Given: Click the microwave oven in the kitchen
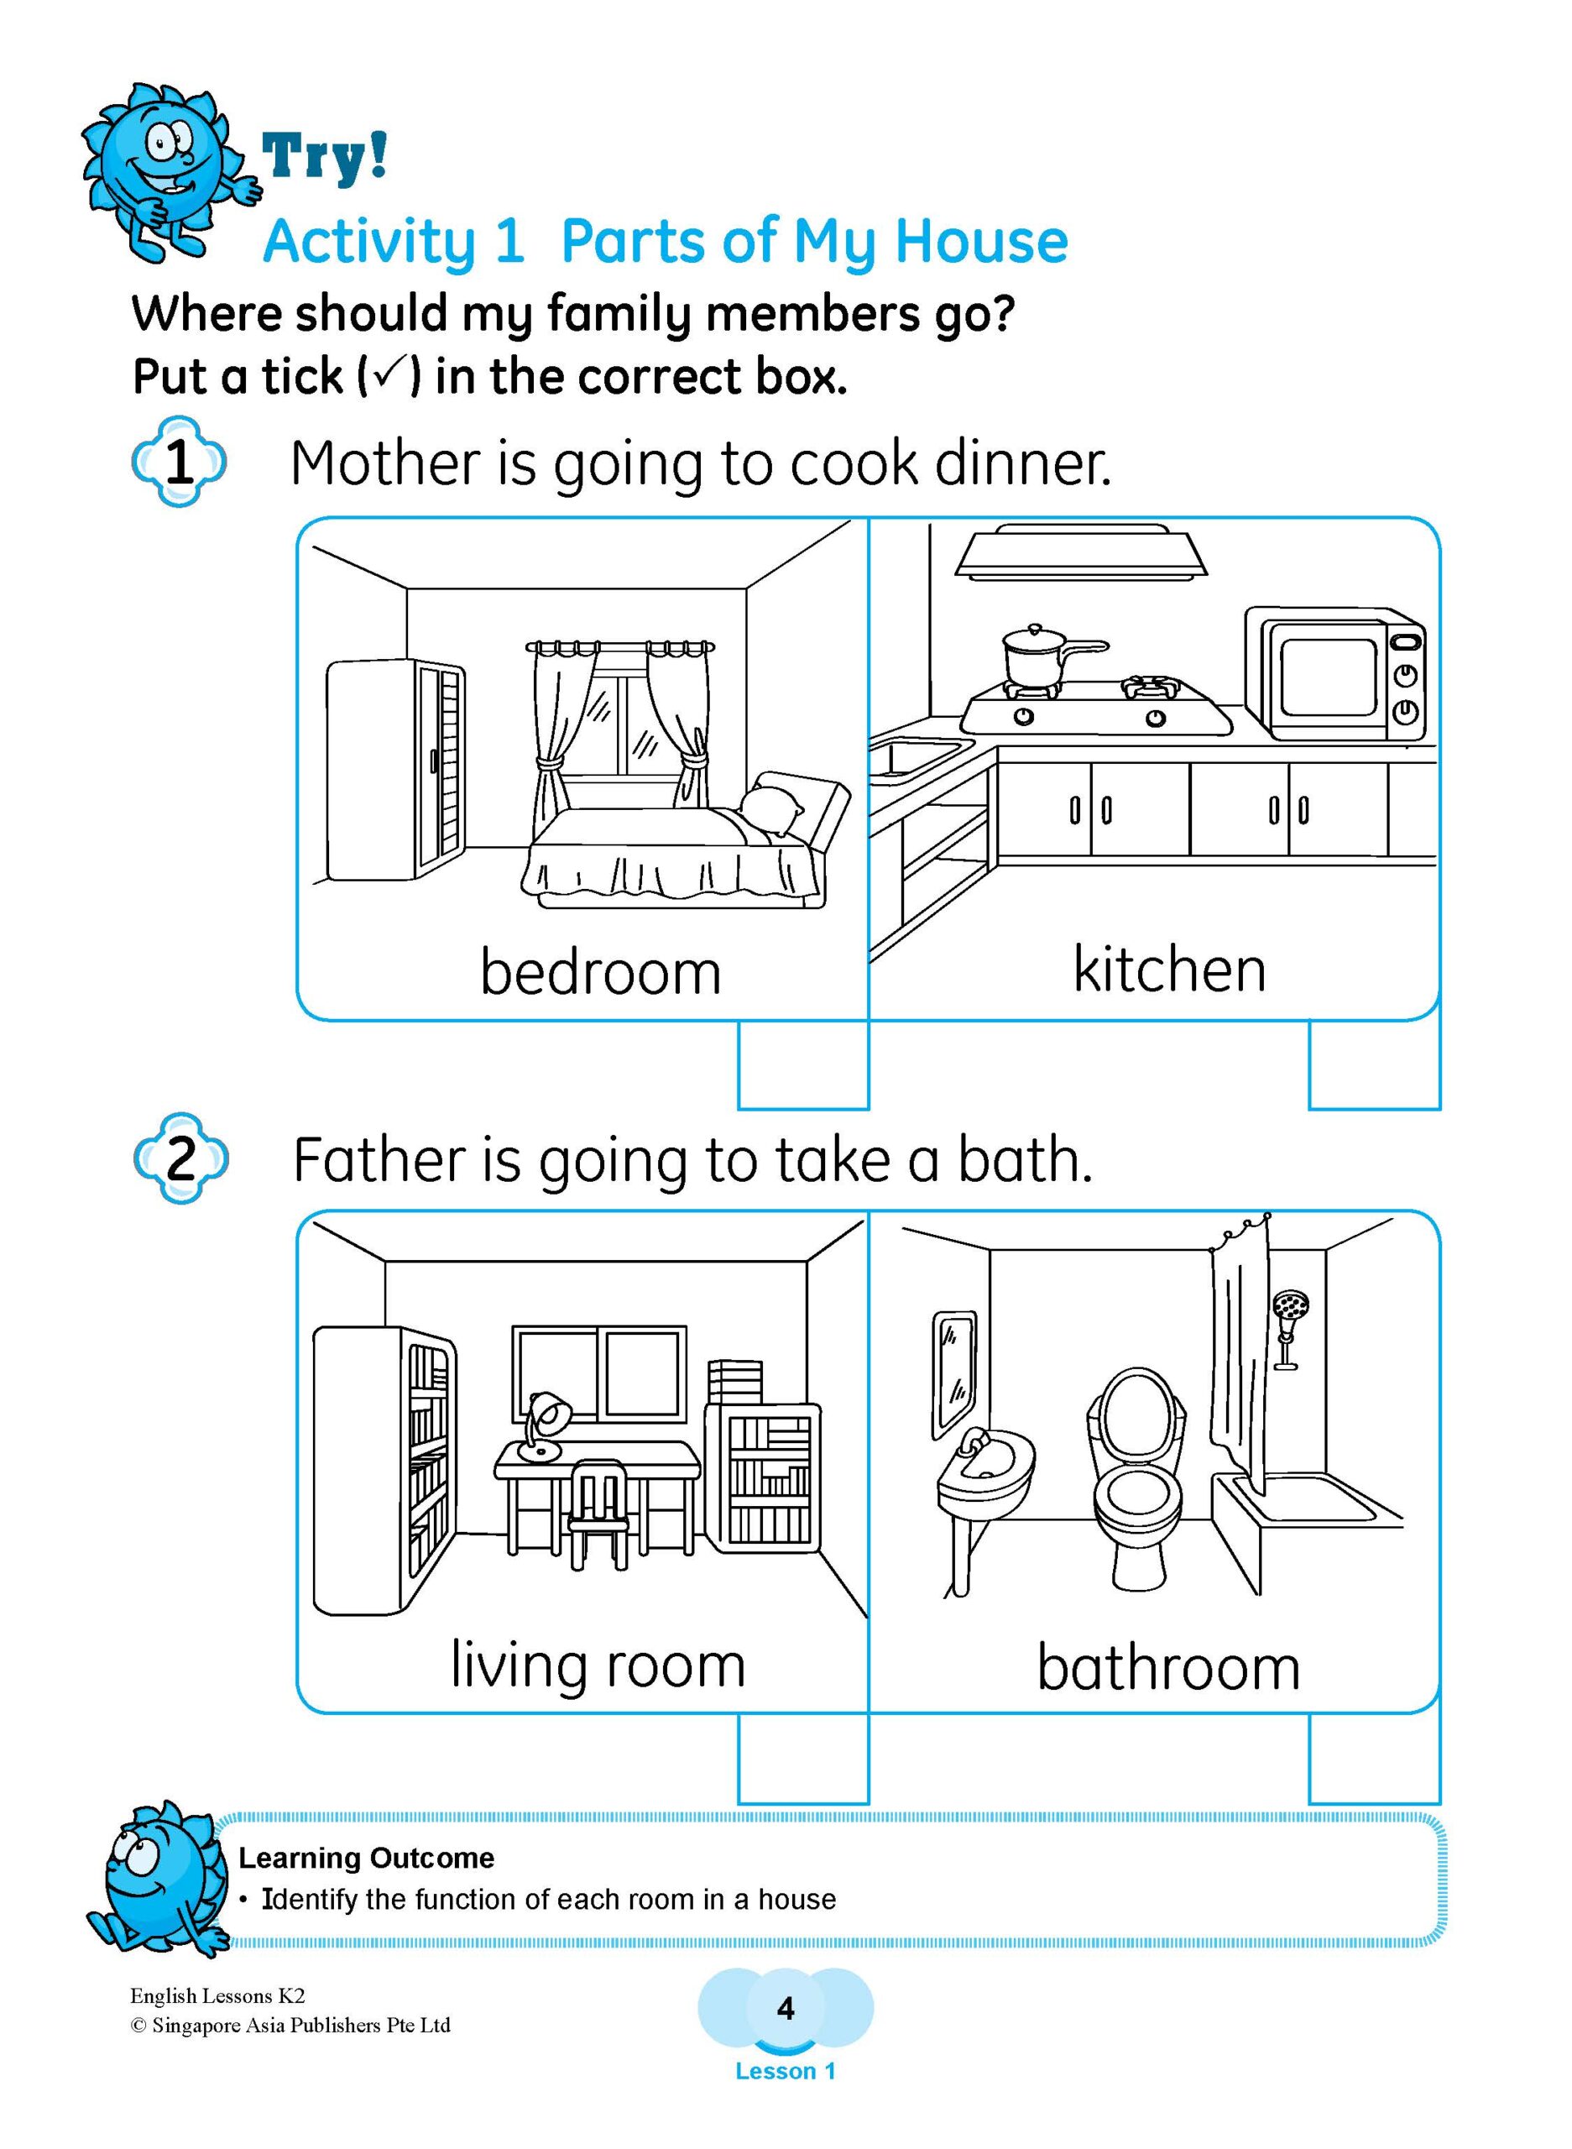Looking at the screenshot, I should click(x=1334, y=675).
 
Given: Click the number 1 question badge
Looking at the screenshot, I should click(x=179, y=463).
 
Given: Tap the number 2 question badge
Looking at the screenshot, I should click(x=180, y=1158).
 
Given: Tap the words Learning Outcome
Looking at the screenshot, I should click(x=367, y=1858).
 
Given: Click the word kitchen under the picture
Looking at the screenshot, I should click(x=1169, y=970).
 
